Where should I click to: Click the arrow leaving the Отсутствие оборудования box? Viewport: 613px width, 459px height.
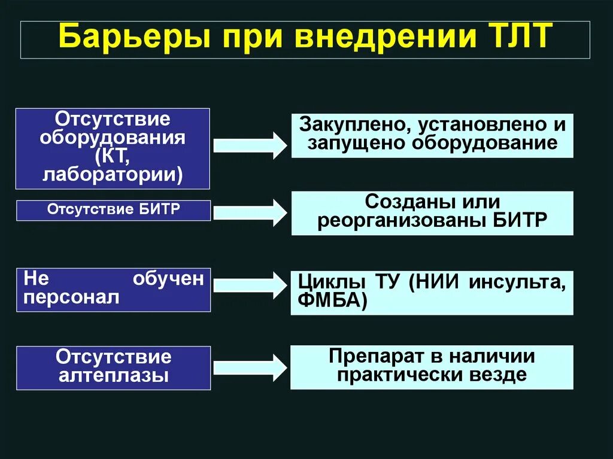pos(250,144)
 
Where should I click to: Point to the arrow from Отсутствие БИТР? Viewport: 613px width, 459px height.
pos(250,212)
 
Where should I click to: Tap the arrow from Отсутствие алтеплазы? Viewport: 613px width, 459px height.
pos(250,367)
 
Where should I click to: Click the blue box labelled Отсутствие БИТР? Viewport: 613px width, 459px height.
pos(113,210)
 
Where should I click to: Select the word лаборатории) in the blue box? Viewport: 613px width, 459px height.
pos(113,174)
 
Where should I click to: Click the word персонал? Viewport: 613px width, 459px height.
pos(71,298)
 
